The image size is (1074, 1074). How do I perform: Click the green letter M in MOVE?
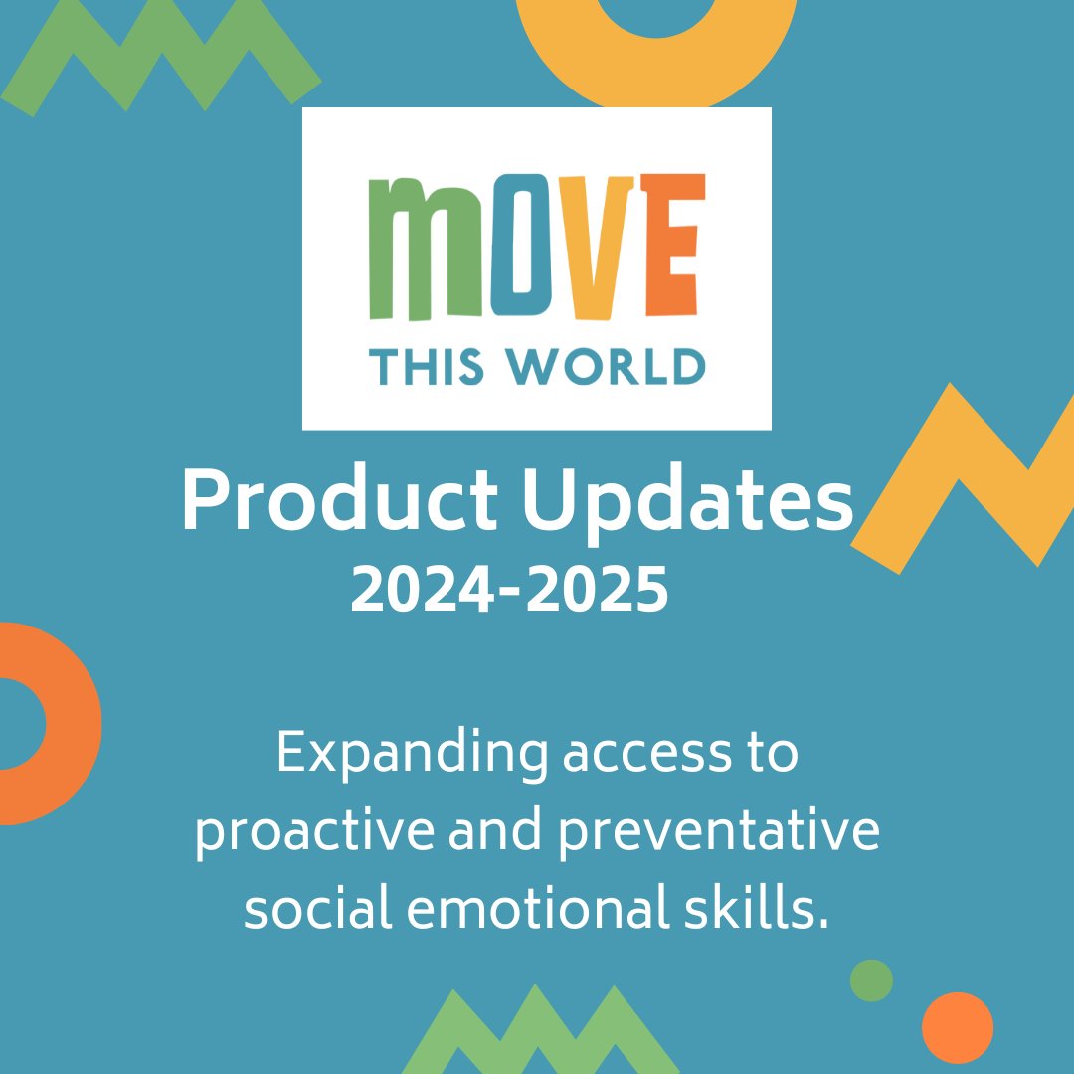tap(426, 249)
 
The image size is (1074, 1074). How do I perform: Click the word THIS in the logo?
tap(427, 366)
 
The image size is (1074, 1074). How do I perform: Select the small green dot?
tap(871, 981)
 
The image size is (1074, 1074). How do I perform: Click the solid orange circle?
tap(957, 1028)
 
